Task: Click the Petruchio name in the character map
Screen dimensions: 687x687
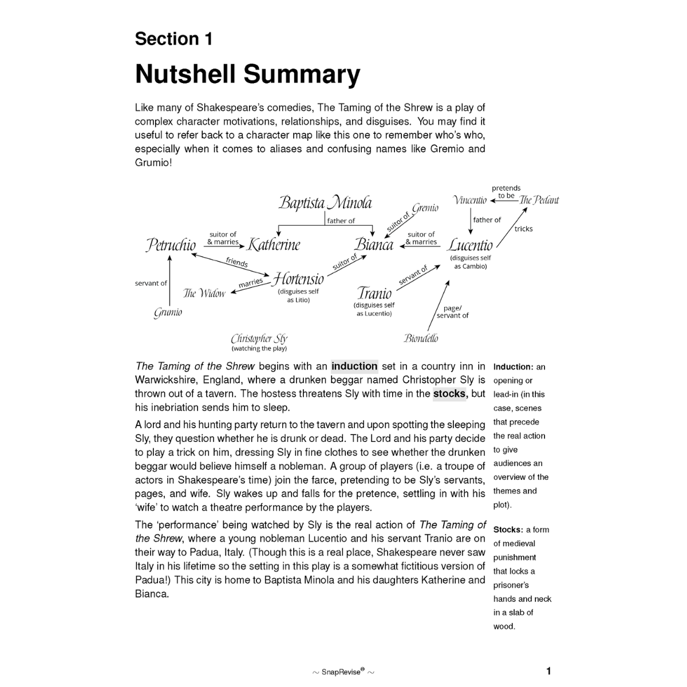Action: [x=171, y=245]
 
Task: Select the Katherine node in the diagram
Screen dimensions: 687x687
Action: [x=274, y=245]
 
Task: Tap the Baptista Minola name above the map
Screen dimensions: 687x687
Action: [x=325, y=203]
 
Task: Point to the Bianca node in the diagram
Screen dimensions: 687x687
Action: [x=374, y=245]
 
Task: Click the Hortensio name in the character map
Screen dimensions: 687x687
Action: [x=298, y=279]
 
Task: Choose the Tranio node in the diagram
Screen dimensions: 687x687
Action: [x=374, y=293]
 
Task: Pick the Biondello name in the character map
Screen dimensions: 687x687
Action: [x=421, y=338]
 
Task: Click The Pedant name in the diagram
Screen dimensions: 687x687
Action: [x=539, y=200]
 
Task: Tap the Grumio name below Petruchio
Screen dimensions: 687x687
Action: [x=168, y=313]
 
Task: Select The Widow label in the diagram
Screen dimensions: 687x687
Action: [x=204, y=293]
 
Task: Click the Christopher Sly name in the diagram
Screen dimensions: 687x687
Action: [x=259, y=338]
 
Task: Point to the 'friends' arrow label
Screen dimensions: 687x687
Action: [x=236, y=262]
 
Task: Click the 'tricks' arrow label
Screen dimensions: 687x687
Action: [x=523, y=229]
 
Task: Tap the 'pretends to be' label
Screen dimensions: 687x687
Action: [x=506, y=192]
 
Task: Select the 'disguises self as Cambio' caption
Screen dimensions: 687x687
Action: [x=471, y=262]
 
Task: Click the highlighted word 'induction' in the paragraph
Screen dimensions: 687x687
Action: [x=354, y=366]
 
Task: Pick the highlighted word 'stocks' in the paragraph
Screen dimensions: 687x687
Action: [x=450, y=394]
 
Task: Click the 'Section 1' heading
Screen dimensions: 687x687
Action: [x=173, y=39]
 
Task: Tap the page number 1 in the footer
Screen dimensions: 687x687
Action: [x=548, y=671]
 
